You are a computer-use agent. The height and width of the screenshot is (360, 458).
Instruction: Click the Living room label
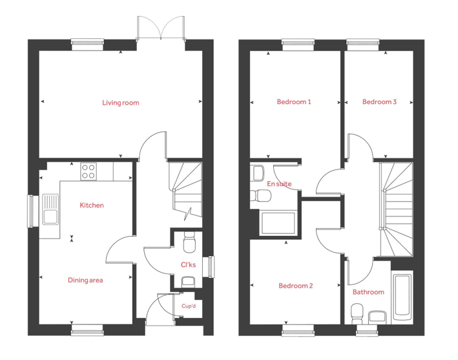[x=121, y=103]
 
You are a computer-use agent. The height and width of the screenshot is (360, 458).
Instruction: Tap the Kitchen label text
[x=92, y=206]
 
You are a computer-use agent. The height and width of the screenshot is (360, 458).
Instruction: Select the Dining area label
[x=85, y=281]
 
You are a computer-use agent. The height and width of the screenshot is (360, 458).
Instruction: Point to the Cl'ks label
[x=188, y=265]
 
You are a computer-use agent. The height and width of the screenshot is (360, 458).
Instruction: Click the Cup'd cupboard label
[x=189, y=306]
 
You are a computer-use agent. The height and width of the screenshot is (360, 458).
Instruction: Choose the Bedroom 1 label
[x=294, y=102]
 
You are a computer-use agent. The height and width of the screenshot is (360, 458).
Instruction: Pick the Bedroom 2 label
[x=296, y=286]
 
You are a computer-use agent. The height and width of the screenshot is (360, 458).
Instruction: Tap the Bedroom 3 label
[x=379, y=102]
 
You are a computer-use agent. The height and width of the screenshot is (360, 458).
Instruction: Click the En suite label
[x=279, y=184]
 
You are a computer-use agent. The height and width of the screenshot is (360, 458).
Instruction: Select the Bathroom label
[x=368, y=292]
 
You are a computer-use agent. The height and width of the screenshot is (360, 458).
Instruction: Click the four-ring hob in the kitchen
[x=88, y=171]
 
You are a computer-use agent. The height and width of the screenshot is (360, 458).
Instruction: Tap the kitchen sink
[x=50, y=209]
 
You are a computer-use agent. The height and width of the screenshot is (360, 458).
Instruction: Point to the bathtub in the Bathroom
[x=402, y=297]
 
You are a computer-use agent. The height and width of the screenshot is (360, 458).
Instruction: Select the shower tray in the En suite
[x=278, y=223]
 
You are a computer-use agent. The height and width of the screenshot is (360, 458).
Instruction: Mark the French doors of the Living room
[x=161, y=28]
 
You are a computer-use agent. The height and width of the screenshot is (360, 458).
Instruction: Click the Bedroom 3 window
[x=363, y=42]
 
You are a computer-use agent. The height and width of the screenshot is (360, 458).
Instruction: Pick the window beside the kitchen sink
[x=33, y=211]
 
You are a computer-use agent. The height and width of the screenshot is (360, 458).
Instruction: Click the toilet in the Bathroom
[x=357, y=314]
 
